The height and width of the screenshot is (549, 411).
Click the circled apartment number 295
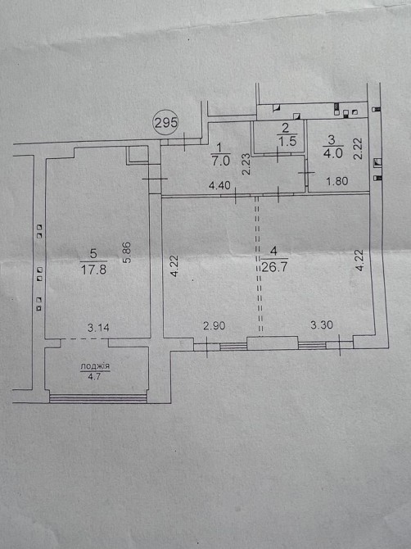click(x=165, y=123)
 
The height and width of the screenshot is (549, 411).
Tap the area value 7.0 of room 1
click(x=220, y=161)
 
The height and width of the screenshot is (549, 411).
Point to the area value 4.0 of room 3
click(x=330, y=153)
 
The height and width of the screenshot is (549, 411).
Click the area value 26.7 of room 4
click(x=274, y=267)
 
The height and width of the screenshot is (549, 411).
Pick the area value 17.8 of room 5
click(x=93, y=270)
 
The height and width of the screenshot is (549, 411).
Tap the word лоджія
click(x=95, y=366)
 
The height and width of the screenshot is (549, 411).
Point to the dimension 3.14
click(x=98, y=328)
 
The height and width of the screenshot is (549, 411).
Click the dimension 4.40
click(x=219, y=185)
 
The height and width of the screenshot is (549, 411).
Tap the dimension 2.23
click(x=246, y=164)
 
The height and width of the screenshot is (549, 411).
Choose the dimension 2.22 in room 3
click(x=358, y=149)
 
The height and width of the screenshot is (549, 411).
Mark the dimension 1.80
click(x=336, y=181)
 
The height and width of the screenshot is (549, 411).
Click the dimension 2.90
click(x=214, y=325)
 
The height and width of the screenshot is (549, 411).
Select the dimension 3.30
click(x=322, y=325)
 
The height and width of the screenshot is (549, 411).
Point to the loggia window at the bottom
click(x=98, y=399)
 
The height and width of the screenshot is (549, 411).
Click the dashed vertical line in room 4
click(x=259, y=265)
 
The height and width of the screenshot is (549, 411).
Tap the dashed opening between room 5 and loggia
click(x=84, y=339)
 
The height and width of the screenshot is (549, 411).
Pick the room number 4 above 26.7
click(x=273, y=251)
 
